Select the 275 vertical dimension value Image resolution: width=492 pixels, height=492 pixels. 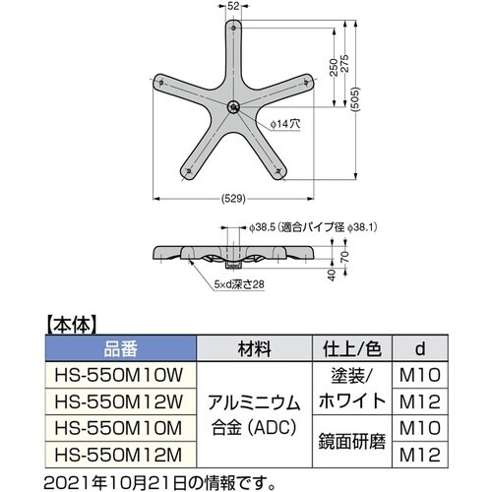tap(345, 66)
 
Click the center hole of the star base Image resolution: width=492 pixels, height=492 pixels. tap(232, 107)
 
